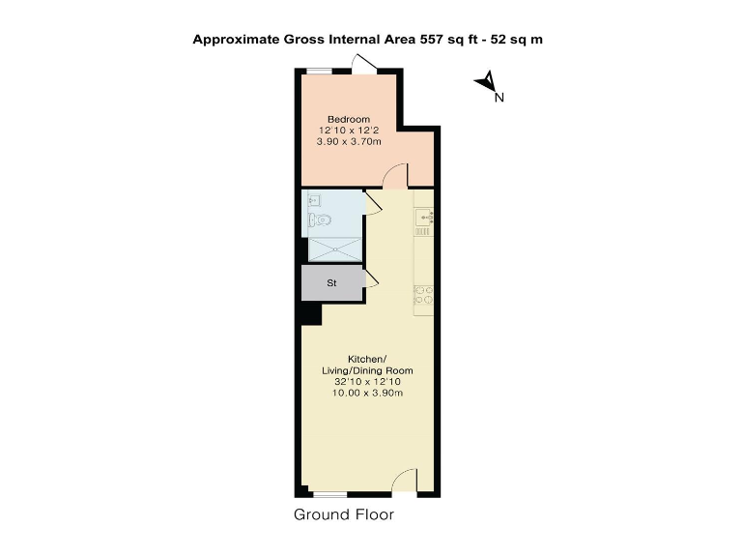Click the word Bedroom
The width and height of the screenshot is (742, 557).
click(348, 119)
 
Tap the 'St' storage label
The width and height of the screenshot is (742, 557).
click(331, 283)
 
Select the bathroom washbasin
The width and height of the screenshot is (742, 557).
click(313, 200)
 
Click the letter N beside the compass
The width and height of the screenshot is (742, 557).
click(499, 97)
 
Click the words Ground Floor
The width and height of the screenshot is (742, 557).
click(344, 515)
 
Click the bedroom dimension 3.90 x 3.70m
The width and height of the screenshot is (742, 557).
click(348, 141)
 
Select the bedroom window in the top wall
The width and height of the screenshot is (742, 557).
click(319, 69)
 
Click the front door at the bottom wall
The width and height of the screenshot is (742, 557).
click(406, 481)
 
